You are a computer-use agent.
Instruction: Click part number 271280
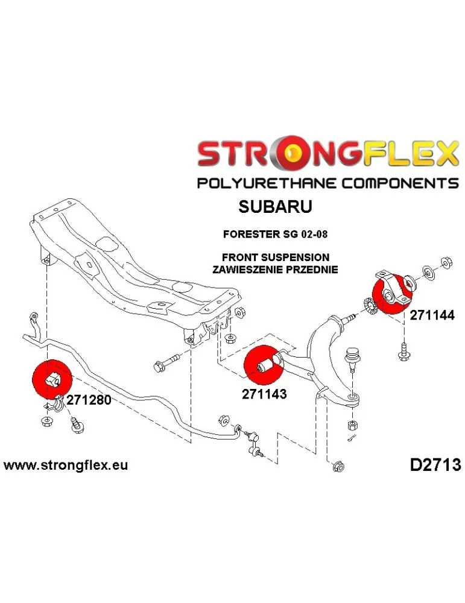pyautogui.click(x=89, y=400)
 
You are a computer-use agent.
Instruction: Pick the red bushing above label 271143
pyautogui.click(x=263, y=365)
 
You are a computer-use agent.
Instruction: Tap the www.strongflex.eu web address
pyautogui.click(x=66, y=466)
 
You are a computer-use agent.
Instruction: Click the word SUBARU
pyautogui.click(x=276, y=207)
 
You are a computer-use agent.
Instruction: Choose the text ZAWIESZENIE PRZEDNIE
pyautogui.click(x=275, y=268)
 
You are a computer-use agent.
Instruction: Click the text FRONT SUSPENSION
pyautogui.click(x=275, y=257)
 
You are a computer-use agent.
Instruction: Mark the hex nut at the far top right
pyautogui.click(x=447, y=262)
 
